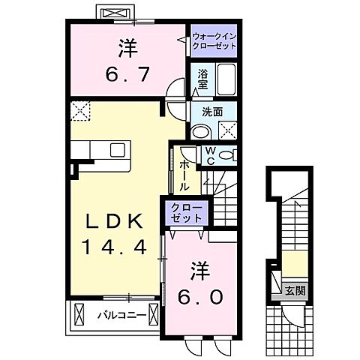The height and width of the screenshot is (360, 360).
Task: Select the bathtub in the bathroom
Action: pos(226,79)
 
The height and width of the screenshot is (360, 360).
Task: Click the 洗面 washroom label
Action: pos(211,112)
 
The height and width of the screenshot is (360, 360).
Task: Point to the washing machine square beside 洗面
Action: pos(228,129)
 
